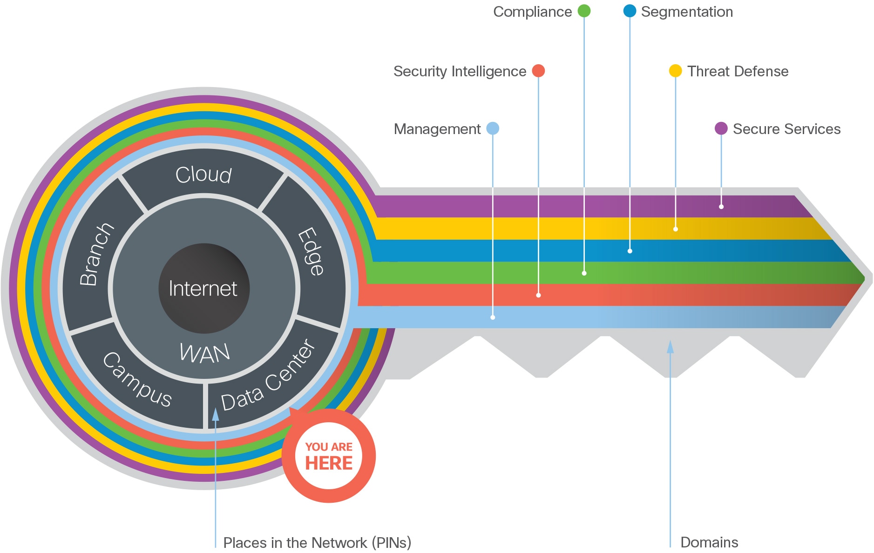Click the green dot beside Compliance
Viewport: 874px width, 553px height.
(584, 11)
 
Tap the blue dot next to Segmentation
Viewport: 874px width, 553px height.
(630, 11)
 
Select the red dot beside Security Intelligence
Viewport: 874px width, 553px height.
(538, 71)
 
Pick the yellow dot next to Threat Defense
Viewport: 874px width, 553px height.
(675, 71)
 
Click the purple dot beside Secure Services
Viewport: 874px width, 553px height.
(721, 128)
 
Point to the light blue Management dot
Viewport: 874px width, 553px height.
(493, 128)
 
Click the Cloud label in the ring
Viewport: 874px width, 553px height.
(203, 175)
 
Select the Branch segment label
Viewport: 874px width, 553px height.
(96, 254)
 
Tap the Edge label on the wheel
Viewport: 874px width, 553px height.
(311, 251)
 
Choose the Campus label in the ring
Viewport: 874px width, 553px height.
(137, 379)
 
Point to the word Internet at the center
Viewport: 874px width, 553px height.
(203, 289)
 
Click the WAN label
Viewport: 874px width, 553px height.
(205, 353)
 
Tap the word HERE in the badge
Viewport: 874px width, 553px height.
(329, 463)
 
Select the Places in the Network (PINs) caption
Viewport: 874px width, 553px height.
(317, 543)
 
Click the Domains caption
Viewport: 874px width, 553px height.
(709, 542)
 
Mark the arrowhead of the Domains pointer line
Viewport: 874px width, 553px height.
(670, 346)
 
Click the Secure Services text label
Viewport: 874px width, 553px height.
(786, 129)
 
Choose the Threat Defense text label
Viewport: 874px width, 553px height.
(738, 71)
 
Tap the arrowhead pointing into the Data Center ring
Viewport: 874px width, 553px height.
(216, 414)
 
